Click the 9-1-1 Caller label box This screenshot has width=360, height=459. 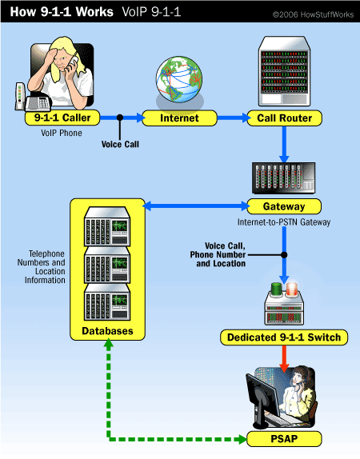pyautogui.click(x=62, y=118)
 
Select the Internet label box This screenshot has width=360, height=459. pyautogui.click(x=179, y=118)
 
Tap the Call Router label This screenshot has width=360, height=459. pyautogui.click(x=284, y=118)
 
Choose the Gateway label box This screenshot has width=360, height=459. pyautogui.click(x=284, y=206)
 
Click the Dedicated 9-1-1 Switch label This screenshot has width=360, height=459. pyautogui.click(x=284, y=337)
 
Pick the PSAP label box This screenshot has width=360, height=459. pyautogui.click(x=284, y=439)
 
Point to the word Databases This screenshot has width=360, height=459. pyautogui.click(x=107, y=331)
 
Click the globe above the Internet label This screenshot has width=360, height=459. pyautogui.click(x=179, y=79)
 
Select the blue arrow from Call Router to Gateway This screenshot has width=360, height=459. pyautogui.click(x=284, y=144)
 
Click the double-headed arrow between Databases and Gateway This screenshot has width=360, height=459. pyautogui.click(x=196, y=206)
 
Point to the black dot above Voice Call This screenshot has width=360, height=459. pyautogui.click(x=120, y=118)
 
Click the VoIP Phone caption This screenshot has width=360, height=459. pyautogui.click(x=62, y=133)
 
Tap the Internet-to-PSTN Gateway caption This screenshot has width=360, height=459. pyautogui.click(x=284, y=222)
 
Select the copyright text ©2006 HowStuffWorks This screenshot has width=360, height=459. pyautogui.click(x=313, y=14)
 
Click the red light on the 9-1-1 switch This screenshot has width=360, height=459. pyautogui.click(x=292, y=289)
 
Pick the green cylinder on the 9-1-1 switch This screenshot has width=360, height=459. pyautogui.click(x=276, y=289)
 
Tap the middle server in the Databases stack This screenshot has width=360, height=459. pyautogui.click(x=107, y=265)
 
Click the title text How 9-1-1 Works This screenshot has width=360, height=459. pyautogui.click(x=62, y=12)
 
